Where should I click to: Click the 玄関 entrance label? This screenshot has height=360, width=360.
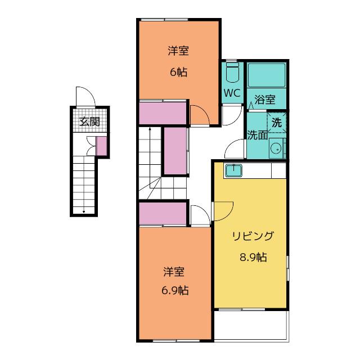point(89,121)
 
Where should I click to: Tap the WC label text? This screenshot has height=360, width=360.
point(232,93)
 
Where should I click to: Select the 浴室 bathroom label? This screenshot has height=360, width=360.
point(265,100)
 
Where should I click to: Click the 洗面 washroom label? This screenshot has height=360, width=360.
point(258,135)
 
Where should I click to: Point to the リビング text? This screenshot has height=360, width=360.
point(253,236)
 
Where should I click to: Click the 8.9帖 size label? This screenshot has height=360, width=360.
point(253,257)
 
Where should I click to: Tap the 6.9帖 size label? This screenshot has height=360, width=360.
point(175,291)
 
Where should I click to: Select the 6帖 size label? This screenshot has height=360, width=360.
point(179,72)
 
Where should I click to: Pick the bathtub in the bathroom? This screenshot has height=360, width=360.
point(266,75)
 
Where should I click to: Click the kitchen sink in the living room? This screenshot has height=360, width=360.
point(233,170)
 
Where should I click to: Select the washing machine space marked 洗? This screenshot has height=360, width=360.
point(277,123)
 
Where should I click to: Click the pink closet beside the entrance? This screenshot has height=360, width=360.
point(101,146)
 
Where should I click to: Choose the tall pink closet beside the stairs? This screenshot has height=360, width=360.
point(175,151)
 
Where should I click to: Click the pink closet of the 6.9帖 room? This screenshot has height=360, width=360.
point(163,214)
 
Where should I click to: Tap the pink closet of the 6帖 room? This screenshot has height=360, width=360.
point(163,113)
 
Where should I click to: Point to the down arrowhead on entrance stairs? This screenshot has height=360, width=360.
point(84,211)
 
